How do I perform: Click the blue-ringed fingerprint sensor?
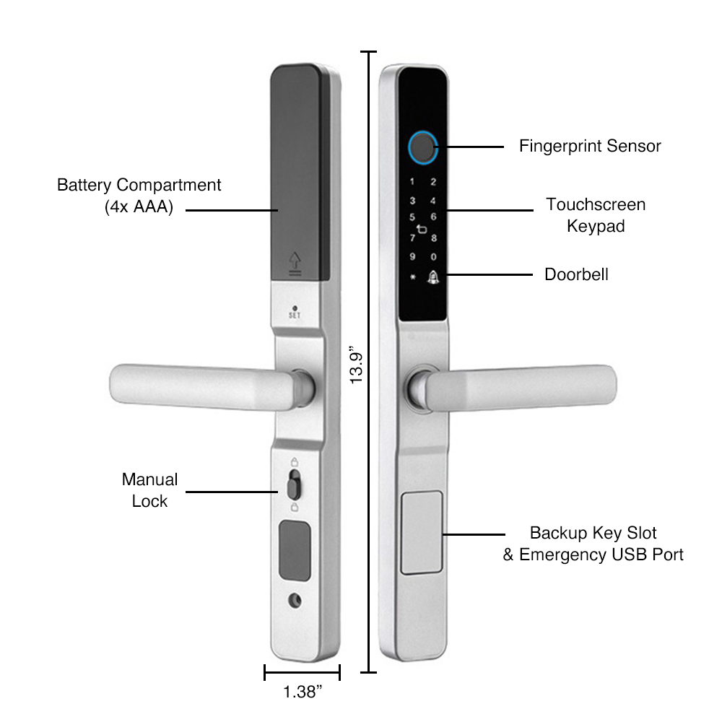pyautogui.click(x=422, y=147)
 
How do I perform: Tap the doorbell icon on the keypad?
pyautogui.click(x=434, y=276)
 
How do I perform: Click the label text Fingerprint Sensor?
pyautogui.click(x=590, y=146)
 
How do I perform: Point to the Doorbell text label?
pyautogui.click(x=576, y=274)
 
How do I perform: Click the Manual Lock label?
pyautogui.click(x=149, y=490)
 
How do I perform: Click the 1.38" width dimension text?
pyautogui.click(x=302, y=692)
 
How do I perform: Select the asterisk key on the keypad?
pyautogui.click(x=412, y=277)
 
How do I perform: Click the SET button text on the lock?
pyautogui.click(x=294, y=315)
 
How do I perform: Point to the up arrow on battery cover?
pyautogui.click(x=294, y=260)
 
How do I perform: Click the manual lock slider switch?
pyautogui.click(x=294, y=486)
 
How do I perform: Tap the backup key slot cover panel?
pyautogui.click(x=422, y=532)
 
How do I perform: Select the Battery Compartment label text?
pyautogui.click(x=139, y=196)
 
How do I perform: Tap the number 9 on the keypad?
pyautogui.click(x=412, y=256)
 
